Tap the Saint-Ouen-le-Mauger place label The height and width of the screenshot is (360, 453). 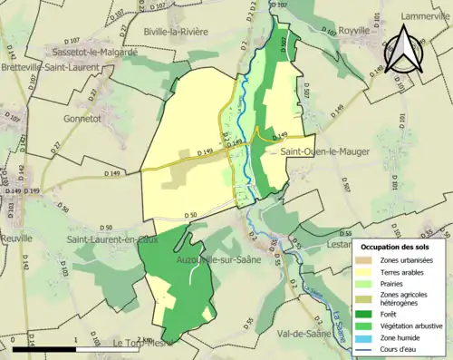(x=324, y=151)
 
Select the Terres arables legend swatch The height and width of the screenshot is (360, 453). (x=367, y=272)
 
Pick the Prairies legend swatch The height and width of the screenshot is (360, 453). (x=367, y=284)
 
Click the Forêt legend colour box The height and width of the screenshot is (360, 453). (x=367, y=308)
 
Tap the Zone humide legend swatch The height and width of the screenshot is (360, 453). (x=367, y=333)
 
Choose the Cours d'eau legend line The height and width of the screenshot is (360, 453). (x=367, y=345)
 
